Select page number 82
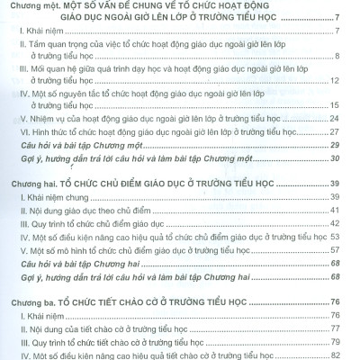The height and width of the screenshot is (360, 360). click(336, 355)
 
